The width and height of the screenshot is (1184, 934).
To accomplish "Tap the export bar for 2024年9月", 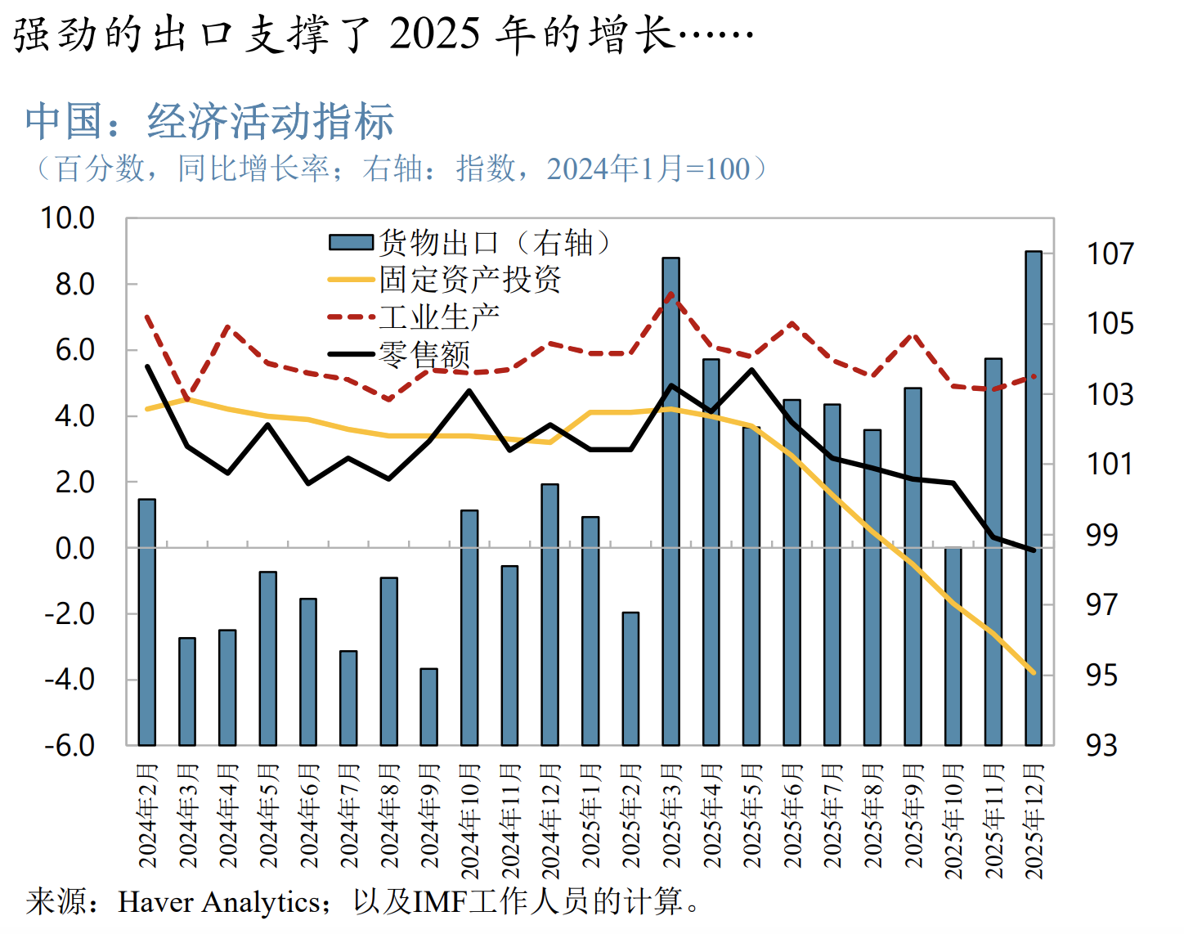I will (428, 707).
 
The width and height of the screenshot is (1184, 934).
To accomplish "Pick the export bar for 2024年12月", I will (549, 613).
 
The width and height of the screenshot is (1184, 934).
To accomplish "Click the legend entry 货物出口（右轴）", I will (470, 242).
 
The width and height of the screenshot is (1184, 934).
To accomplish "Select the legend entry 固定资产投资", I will (470, 280).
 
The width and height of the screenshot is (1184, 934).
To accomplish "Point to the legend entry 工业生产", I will (439, 317).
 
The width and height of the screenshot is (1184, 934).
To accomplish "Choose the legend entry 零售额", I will (424, 354).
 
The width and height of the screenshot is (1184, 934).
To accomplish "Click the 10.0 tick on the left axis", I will (68, 218).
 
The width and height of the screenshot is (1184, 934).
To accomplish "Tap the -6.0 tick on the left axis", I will (70, 745).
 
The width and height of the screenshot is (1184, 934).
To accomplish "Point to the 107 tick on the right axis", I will (1110, 254).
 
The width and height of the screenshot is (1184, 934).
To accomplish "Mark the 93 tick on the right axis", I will (1101, 745).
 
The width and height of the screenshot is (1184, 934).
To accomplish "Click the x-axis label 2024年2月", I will (147, 815).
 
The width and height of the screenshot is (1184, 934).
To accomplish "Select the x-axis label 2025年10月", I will (953, 821).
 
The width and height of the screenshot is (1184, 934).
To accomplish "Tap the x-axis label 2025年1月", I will (590, 815).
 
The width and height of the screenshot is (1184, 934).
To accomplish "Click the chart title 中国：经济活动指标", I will (209, 121).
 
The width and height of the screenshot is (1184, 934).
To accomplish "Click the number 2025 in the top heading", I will (434, 34).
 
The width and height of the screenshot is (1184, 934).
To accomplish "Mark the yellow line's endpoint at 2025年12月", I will (1034, 672).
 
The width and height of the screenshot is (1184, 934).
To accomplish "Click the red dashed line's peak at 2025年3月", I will (670, 294).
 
